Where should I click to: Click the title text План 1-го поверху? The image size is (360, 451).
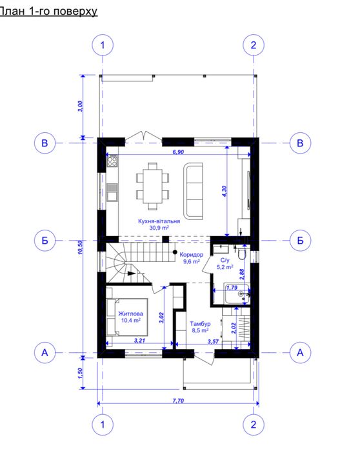coord(48,11)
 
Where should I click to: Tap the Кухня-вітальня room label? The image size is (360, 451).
coord(159,221)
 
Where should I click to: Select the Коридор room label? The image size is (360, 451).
coord(192,255)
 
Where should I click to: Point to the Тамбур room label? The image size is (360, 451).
coord(200,324)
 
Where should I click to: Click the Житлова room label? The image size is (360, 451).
coord(130,314)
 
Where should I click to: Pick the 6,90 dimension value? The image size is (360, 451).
coord(178,152)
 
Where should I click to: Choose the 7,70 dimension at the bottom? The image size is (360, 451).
coord(178,401)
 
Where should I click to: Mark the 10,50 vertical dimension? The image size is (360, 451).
coord(80,247)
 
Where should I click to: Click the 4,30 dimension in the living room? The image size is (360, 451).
coord(225,191)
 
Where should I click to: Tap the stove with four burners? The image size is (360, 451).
coord(112,161)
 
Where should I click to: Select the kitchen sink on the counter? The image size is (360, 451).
coord(112,192)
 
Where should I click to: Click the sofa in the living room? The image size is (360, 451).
coord(194,190)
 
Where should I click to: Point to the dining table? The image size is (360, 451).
coord(153,186)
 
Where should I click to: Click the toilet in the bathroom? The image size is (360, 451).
coord(241,254)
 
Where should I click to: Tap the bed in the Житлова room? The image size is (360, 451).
coord(127,317)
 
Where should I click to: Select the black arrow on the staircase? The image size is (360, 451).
coord(132,274)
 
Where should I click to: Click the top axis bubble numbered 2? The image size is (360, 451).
coord(254,45)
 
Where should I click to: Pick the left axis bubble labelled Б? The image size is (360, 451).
coord(45,240)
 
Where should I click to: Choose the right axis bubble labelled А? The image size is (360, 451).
coord(300,353)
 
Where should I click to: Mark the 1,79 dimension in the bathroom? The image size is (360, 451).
coord(232,287)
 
